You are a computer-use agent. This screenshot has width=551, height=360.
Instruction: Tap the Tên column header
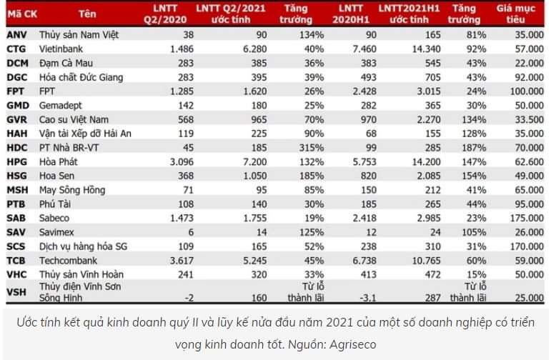pyautogui.click(x=89, y=12)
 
